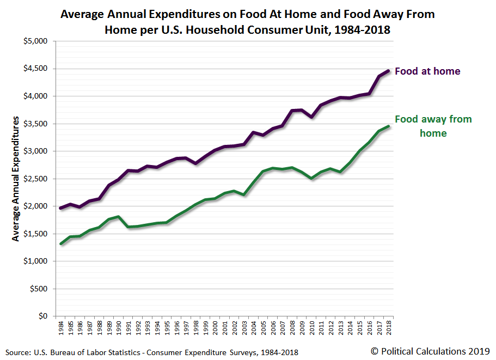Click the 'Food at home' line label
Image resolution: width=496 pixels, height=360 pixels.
427,71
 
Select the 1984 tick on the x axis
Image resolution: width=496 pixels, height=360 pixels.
61,329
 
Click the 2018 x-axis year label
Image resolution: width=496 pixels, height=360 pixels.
388,329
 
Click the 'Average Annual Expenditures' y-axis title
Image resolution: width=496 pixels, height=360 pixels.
16,179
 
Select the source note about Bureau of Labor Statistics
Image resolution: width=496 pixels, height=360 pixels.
153,352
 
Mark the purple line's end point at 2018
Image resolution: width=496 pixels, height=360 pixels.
388,71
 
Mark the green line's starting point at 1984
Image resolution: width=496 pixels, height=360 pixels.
61,243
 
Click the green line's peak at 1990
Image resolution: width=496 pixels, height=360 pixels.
118,217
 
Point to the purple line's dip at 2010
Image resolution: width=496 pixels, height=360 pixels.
311,117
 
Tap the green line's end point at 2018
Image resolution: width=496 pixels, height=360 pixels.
388,126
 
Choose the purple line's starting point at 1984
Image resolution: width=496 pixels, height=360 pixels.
61,208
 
